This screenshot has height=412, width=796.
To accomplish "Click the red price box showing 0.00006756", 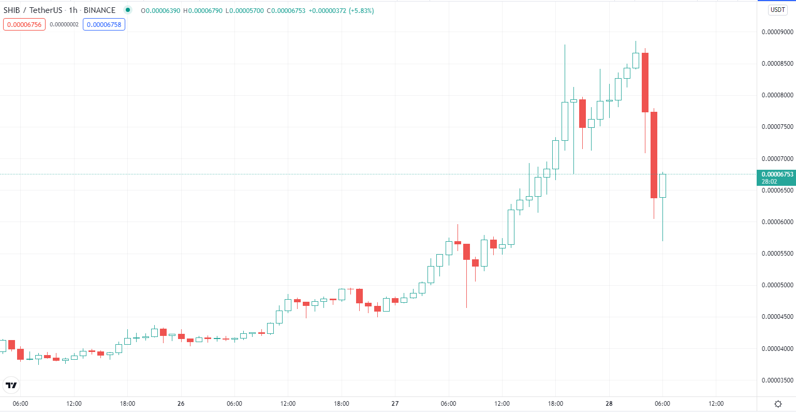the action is pyautogui.click(x=24, y=24).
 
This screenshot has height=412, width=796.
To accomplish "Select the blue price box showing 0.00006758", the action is pyautogui.click(x=104, y=24).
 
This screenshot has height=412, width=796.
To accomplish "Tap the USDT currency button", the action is pyautogui.click(x=777, y=10).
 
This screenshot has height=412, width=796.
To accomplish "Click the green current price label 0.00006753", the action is pyautogui.click(x=777, y=174).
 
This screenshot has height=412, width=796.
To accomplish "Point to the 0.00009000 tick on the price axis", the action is pyautogui.click(x=777, y=32).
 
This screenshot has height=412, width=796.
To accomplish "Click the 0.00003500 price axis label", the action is pyautogui.click(x=777, y=380).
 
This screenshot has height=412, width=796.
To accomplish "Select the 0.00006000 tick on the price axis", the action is pyautogui.click(x=777, y=222).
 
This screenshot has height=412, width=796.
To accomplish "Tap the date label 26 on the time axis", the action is pyautogui.click(x=181, y=404).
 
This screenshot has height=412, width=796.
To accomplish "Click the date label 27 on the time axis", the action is pyautogui.click(x=395, y=404).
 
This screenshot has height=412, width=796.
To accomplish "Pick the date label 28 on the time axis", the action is pyautogui.click(x=609, y=404).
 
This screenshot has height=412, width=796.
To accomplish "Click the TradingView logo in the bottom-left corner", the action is pyautogui.click(x=11, y=385).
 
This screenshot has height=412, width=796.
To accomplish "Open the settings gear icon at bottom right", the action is pyautogui.click(x=778, y=404).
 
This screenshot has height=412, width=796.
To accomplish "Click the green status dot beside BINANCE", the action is pyautogui.click(x=127, y=10).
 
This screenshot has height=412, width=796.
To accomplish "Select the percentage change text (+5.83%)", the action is pyautogui.click(x=361, y=11).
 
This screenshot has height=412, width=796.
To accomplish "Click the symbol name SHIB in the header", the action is pyautogui.click(x=12, y=10).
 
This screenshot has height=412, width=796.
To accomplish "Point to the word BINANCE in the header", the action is pyautogui.click(x=99, y=10).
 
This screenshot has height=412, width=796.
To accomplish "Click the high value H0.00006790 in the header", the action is pyautogui.click(x=203, y=11).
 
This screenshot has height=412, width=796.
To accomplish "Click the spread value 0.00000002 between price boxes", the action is pyautogui.click(x=64, y=24).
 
